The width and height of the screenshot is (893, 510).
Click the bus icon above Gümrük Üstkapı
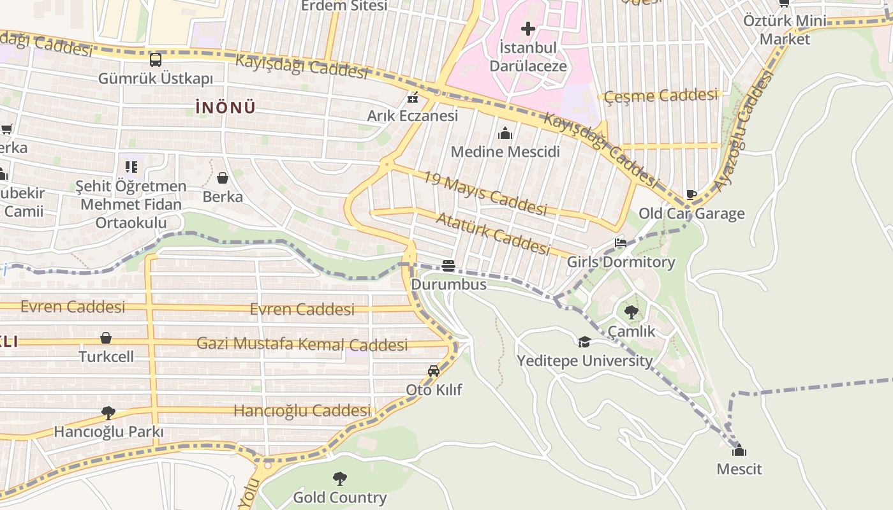156,60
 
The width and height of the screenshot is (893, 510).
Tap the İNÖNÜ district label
225,108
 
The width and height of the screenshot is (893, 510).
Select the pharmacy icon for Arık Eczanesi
413,98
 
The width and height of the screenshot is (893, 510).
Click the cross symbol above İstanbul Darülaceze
528,29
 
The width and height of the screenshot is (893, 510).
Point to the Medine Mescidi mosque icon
505,133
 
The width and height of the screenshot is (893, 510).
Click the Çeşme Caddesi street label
661,96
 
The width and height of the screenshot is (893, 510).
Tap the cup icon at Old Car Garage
691,194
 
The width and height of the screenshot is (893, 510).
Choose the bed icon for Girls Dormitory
621,243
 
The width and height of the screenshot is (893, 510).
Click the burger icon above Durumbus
448,266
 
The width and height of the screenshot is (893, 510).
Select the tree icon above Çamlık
631,312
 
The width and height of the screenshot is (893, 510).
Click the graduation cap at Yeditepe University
584,342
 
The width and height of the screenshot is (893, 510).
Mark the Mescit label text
739,469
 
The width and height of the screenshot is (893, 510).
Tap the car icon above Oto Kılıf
434,371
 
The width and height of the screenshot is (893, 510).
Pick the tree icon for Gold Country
340,478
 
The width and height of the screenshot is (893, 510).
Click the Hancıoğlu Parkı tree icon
108,413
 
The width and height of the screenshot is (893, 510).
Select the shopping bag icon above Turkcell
106,338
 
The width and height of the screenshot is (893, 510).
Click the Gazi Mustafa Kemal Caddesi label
302,344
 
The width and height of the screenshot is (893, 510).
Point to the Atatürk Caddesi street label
492,233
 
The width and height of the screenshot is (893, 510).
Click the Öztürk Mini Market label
785,30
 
